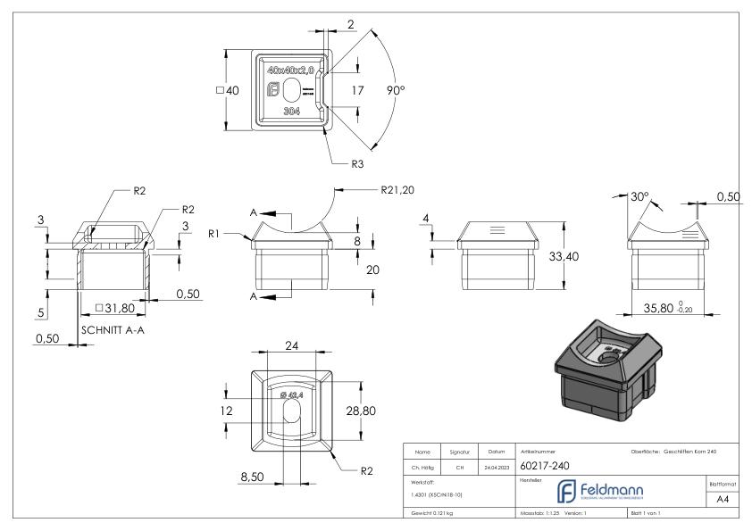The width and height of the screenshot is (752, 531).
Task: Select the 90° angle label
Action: (396, 91)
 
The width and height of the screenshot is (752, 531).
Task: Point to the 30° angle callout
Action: (640, 197)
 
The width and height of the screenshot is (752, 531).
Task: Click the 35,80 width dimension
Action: (664, 309)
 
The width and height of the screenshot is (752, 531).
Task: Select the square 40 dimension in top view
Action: (228, 90)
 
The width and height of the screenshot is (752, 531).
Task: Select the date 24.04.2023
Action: (497, 465)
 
